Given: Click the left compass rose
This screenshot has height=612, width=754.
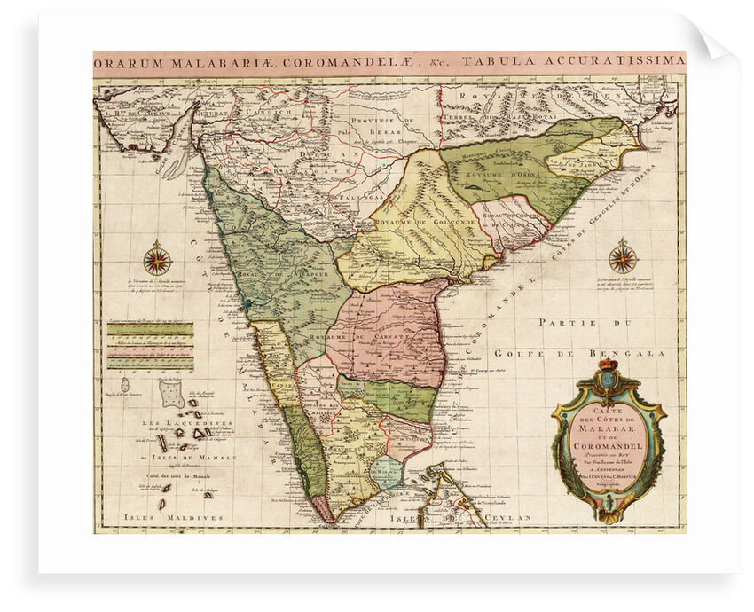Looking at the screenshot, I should (x=157, y=260).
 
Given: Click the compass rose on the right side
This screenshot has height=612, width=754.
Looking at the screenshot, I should (x=623, y=258).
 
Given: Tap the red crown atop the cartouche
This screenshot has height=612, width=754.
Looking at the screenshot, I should (x=608, y=364).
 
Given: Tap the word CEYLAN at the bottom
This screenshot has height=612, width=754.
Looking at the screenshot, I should (x=511, y=517).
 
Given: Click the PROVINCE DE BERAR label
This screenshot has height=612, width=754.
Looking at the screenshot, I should (x=383, y=125).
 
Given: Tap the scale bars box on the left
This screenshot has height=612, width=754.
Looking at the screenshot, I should (x=151, y=344).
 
